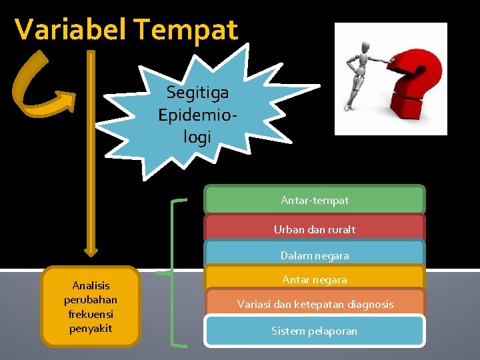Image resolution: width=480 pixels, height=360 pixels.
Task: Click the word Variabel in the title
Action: click(x=71, y=30)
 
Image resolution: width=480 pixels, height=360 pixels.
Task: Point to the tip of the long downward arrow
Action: click(x=91, y=253)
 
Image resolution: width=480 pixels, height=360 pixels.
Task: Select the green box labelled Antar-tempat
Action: click(x=315, y=200)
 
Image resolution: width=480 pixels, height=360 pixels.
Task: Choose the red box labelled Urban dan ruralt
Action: click(x=315, y=229)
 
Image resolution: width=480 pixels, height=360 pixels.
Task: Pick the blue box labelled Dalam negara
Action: click(x=315, y=255)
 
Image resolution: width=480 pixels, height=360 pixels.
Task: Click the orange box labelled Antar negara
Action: click(x=315, y=279)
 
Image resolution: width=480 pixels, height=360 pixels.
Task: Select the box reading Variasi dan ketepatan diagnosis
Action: click(x=315, y=304)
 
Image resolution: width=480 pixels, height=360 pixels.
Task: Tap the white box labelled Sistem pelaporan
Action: click(x=315, y=331)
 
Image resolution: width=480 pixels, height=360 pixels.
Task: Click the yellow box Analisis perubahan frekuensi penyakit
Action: click(x=91, y=306)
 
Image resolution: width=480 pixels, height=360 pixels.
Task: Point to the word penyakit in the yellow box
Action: click(x=91, y=329)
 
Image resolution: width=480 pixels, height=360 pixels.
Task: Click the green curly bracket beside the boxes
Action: click(x=175, y=272)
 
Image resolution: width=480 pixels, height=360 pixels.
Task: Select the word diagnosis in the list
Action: click(x=370, y=304)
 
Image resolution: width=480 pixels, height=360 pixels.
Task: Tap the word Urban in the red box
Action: click(x=288, y=229)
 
